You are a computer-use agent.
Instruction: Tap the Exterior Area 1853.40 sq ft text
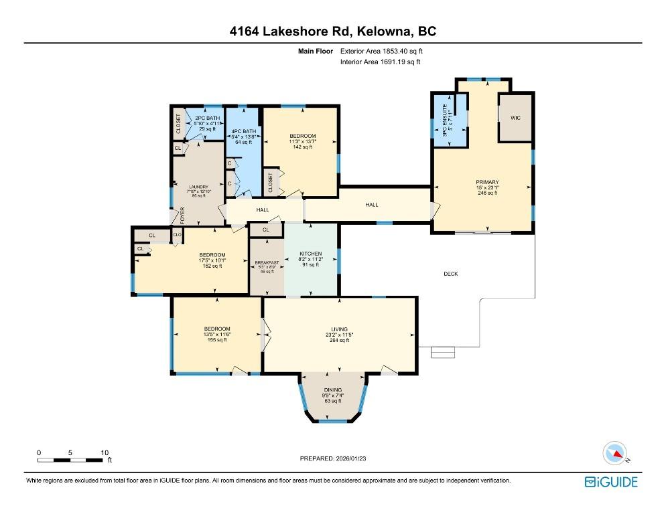tap(382, 51)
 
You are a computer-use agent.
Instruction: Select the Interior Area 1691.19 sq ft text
tap(380, 62)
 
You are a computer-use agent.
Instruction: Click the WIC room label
tap(515, 118)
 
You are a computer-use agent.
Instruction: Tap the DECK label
tap(451, 273)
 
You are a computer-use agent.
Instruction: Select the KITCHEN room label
tap(311, 254)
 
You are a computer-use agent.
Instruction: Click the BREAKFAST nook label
tap(267, 261)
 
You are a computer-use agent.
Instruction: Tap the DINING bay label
tap(333, 390)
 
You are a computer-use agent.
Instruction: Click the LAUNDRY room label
tap(198, 187)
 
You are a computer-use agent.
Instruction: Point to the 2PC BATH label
tap(202, 118)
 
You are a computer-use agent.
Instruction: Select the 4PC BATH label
tap(243, 131)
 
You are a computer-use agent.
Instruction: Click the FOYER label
tap(182, 214)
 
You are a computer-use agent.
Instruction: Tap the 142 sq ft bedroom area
tap(302, 147)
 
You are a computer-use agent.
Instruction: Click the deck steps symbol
tap(442, 352)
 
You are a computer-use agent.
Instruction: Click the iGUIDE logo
tap(610, 481)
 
